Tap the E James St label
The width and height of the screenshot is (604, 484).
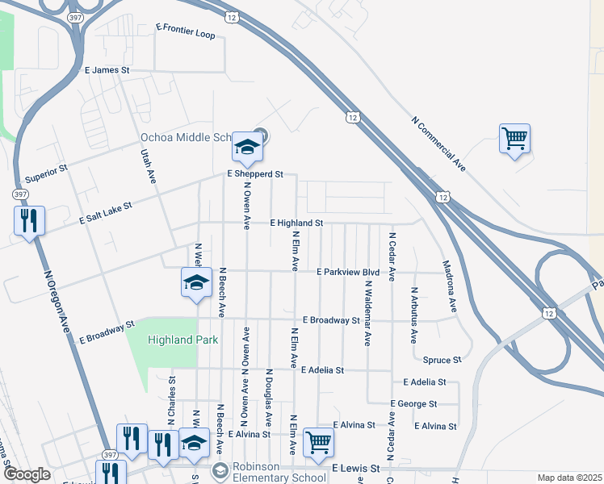tap(107, 71)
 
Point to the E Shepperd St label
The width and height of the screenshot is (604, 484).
tap(255, 173)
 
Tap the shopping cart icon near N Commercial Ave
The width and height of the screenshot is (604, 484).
tap(514, 140)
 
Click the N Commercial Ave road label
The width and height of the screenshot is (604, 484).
tap(438, 144)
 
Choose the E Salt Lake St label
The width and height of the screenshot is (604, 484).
tap(105, 214)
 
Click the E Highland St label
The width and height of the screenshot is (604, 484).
tap(296, 222)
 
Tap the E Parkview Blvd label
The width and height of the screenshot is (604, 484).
tap(347, 272)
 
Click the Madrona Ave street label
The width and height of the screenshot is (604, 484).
tap(449, 286)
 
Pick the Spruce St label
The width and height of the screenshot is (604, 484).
tap(442, 359)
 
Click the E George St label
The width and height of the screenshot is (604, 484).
tap(413, 403)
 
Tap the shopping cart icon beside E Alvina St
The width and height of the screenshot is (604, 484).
tap(318, 442)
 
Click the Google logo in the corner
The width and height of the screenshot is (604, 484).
tap(26, 474)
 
